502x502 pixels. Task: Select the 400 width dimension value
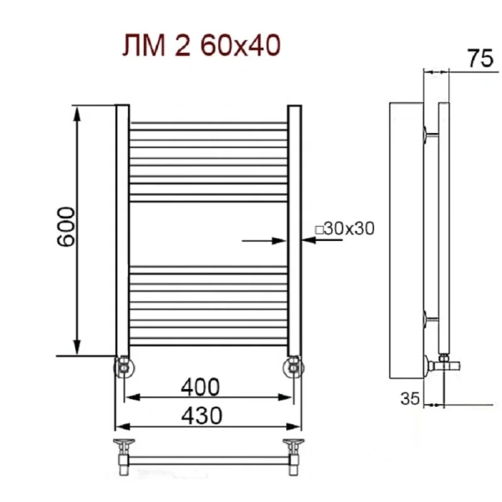[x=201, y=387]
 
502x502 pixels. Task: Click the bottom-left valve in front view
[x=124, y=366]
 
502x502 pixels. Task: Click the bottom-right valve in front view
[x=294, y=366]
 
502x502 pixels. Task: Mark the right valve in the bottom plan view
[x=294, y=447]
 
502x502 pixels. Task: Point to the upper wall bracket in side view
[x=429, y=132]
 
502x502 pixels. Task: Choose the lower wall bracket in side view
[x=429, y=318]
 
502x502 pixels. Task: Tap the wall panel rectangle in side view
[x=407, y=243]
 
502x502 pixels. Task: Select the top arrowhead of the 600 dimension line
[x=78, y=113]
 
